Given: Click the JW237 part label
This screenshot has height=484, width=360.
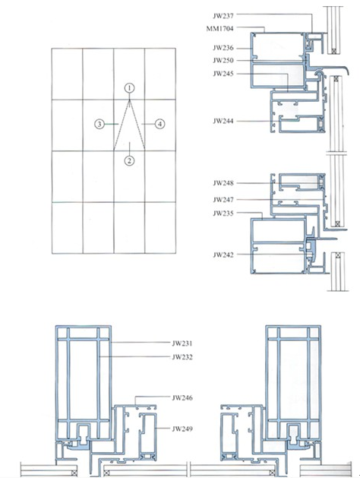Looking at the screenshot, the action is (223, 15).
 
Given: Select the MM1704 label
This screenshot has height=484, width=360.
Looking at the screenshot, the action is (219, 29).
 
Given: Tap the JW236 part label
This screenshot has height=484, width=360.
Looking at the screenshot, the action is (223, 48).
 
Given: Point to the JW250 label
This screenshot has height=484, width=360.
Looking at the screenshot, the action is (223, 60).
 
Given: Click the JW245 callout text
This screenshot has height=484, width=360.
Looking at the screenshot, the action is (223, 74).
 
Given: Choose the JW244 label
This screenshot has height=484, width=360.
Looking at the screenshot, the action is (223, 121).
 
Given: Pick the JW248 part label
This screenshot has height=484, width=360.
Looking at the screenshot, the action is (223, 183).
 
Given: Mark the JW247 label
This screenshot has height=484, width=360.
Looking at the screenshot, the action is (223, 200).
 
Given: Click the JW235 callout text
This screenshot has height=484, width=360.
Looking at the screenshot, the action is (223, 214).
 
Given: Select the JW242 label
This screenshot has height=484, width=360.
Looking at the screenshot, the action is (223, 255).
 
